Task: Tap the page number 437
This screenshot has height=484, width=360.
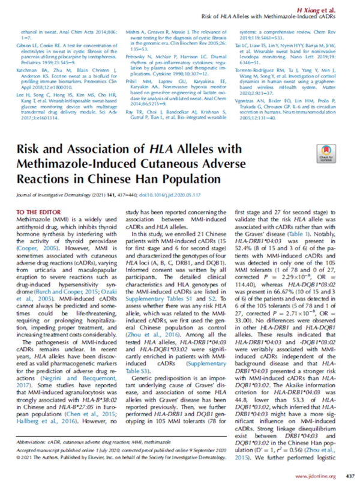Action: click(350, 476)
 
